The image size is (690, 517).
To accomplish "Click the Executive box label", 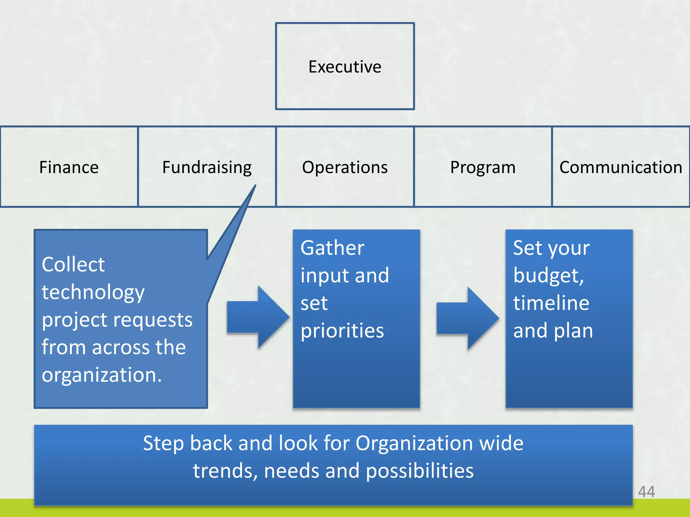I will pos(345,67).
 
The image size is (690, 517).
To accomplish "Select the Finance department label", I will pos(69,167).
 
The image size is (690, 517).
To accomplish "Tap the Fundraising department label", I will pos(207,167).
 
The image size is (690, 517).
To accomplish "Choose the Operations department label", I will pos(345,167).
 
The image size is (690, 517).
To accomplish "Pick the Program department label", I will pos(482,167).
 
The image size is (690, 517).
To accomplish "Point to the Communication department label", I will pos(621,167).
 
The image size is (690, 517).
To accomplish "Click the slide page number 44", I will pos(646,492).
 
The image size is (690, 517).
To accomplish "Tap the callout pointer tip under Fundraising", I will pos(255,186).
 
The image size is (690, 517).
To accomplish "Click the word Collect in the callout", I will pos(73,265).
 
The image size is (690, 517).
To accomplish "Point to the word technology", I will pos(93,292).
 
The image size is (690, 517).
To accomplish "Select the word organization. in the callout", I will pos(102,375).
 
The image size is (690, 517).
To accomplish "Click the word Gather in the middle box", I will pos(332,248).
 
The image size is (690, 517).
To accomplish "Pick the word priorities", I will pos(342,331).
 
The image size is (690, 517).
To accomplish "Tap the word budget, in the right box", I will pos(548,276).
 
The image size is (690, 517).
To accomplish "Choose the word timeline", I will pos(551,303).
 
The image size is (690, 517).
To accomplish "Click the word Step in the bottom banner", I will pos(163,443).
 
